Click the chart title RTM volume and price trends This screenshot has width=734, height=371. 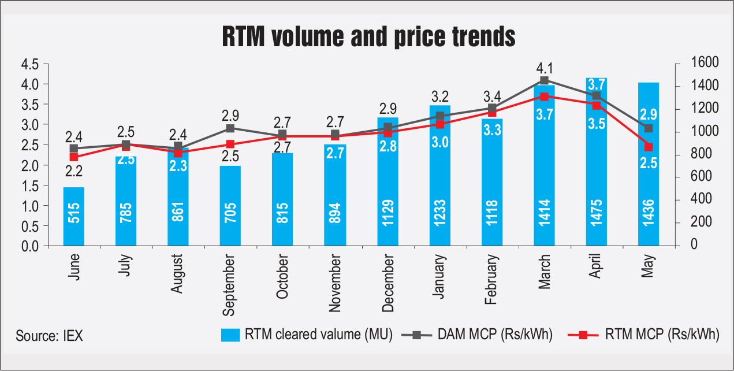(368, 37)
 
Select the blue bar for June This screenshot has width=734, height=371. (74, 217)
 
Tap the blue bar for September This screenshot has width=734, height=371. (230, 206)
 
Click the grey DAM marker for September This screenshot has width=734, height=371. (230, 128)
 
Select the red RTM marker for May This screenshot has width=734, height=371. (648, 147)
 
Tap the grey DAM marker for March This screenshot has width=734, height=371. (543, 80)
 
